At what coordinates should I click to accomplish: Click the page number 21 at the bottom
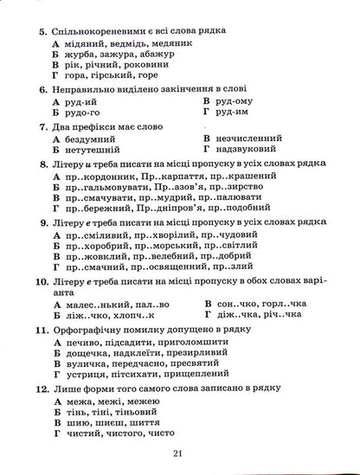click(x=179, y=455)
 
